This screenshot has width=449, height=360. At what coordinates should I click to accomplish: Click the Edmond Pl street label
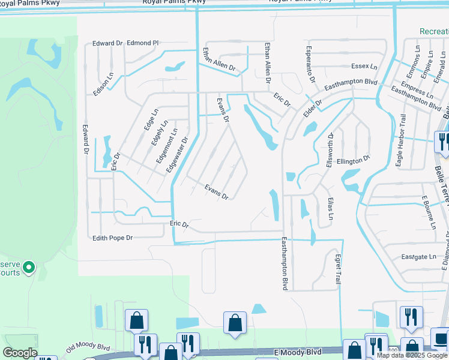pyautogui.click(x=142, y=43)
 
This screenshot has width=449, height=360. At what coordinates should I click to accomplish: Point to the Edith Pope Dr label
pyautogui.click(x=112, y=238)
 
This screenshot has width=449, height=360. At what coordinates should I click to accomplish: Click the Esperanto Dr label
pyautogui.click(x=310, y=64)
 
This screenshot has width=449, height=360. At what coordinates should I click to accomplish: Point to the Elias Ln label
pyautogui.click(x=330, y=207)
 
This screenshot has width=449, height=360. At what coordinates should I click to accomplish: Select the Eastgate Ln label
pyautogui.click(x=418, y=257)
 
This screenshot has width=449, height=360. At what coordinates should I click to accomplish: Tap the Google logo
pyautogui.click(x=20, y=353)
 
